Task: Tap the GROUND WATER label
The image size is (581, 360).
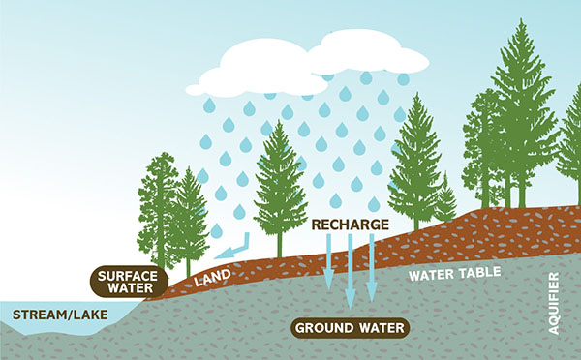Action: coord(350,327)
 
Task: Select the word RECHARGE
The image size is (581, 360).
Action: coord(350,225)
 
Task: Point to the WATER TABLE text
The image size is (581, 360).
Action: coord(454,273)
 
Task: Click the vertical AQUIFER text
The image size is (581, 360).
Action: coord(554,302)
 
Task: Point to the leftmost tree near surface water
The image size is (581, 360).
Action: coord(159,208)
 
